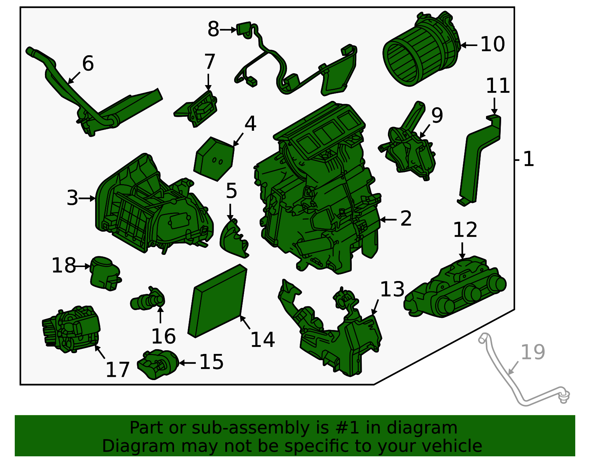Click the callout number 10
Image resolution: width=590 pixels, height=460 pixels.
tap(492, 44)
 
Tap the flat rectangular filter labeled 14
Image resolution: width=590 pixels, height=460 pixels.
tap(218, 301)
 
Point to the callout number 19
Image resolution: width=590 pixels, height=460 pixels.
tap(533, 352)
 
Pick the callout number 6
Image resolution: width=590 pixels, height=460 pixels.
tap(88, 63)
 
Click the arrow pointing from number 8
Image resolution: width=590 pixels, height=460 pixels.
tap(228, 30)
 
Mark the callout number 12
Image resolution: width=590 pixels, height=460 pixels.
tap(465, 230)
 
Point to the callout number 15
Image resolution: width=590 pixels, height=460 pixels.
tap(211, 362)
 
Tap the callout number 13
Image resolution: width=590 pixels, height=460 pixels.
tap(392, 289)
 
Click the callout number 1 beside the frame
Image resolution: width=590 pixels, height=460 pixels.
tap(528, 159)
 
